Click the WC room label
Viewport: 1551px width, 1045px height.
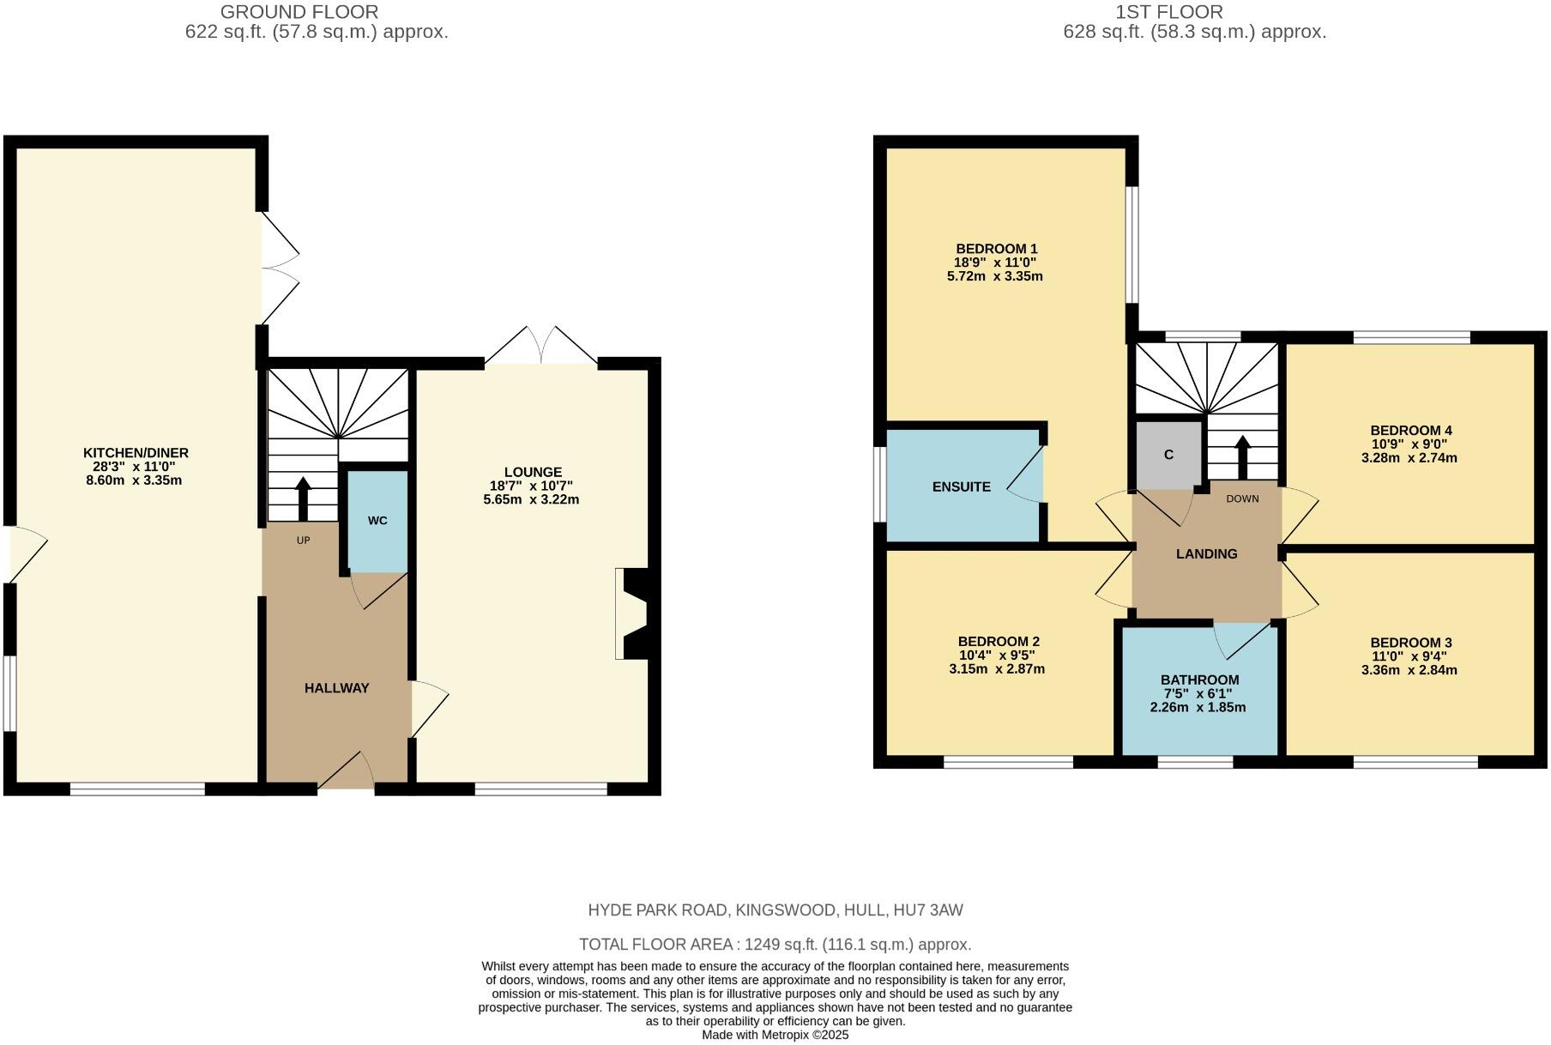coord(377,521)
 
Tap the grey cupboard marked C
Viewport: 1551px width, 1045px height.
coord(1168,455)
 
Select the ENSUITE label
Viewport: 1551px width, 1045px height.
coord(961,486)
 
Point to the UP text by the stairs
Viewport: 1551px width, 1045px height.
coord(303,541)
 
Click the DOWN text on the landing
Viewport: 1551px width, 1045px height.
coord(1242,499)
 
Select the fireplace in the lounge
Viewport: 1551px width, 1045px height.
coord(633,613)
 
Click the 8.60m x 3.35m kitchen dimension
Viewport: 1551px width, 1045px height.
coord(134,480)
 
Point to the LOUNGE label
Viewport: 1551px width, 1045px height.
coord(533,472)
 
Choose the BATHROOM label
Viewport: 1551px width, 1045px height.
coord(1200,680)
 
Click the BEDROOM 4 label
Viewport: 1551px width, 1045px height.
coord(1410,431)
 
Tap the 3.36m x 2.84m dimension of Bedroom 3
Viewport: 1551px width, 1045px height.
coord(1409,670)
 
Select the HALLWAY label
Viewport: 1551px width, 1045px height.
coord(336,688)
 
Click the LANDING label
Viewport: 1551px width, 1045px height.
coord(1206,554)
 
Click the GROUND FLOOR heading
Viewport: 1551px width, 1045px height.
coord(299,12)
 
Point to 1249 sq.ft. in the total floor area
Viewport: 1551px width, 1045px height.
coord(781,945)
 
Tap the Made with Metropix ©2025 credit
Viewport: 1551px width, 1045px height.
coord(775,1035)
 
